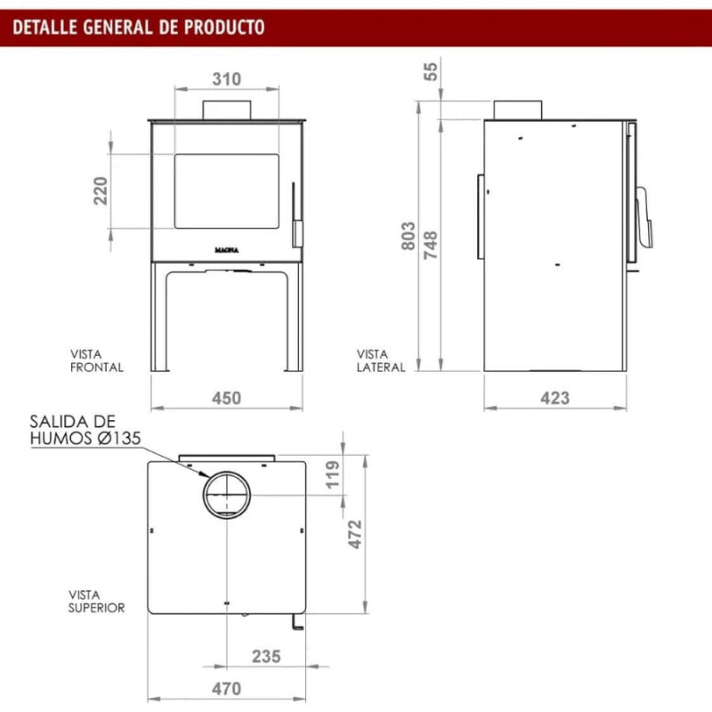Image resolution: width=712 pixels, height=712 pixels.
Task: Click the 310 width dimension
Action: [x=227, y=79]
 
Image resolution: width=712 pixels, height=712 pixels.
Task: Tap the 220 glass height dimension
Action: [x=101, y=190]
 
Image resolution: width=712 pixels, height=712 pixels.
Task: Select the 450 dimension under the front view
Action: [x=227, y=398]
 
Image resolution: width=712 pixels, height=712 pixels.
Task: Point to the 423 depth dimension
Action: [x=554, y=398]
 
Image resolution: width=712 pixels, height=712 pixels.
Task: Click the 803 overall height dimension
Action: [x=409, y=236]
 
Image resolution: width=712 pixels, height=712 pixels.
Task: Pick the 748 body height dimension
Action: [x=431, y=246]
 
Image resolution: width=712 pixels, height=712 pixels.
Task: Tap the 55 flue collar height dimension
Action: [x=431, y=71]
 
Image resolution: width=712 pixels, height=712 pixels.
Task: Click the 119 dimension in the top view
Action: [x=333, y=474]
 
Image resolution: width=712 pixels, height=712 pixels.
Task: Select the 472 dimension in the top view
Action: [x=355, y=534]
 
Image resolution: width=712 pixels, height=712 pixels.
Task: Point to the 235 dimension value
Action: [x=266, y=656]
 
